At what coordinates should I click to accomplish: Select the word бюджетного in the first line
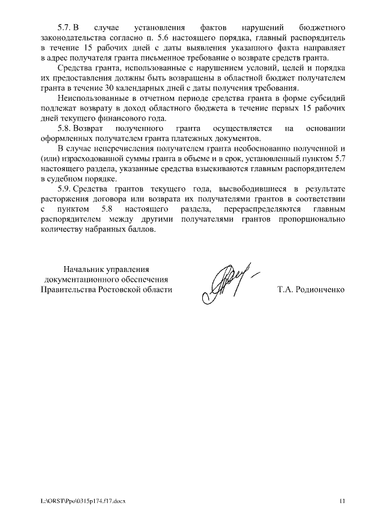click(x=323, y=27)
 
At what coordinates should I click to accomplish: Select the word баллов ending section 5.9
click(x=143, y=229)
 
